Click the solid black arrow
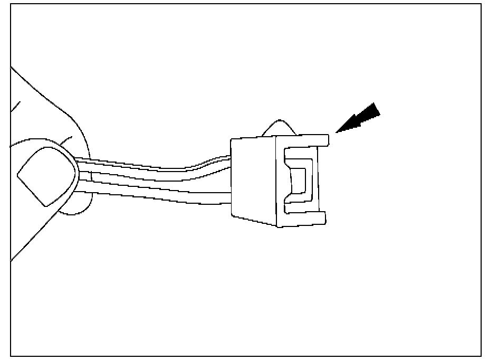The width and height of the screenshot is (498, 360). [361, 119]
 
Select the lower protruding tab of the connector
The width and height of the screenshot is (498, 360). [317, 217]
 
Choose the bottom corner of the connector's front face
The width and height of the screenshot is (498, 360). [277, 227]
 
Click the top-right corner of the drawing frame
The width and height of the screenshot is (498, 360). [481, 4]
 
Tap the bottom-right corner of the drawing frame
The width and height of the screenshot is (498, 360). [481, 356]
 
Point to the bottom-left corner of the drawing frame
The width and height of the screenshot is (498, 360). [11, 356]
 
